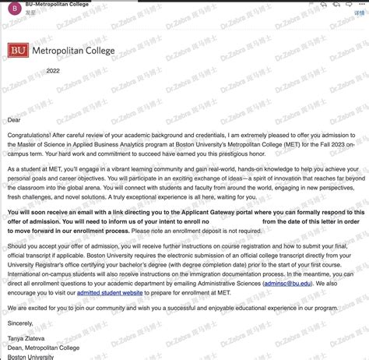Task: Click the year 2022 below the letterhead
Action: [52, 70]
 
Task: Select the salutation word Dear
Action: [13, 120]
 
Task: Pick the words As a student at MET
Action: [37, 169]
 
